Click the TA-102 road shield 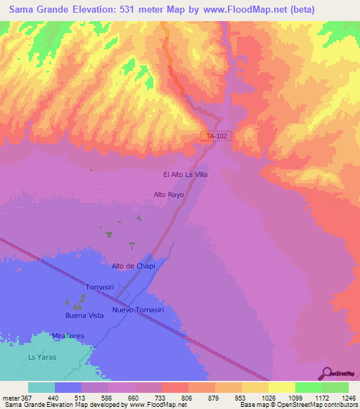click(x=217, y=136)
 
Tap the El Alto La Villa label click(x=185, y=174)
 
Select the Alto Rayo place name click(x=168, y=195)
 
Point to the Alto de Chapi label click(x=133, y=266)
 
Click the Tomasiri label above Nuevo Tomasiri click(x=100, y=287)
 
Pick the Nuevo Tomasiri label click(x=138, y=310)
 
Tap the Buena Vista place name click(x=84, y=316)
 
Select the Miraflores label click(x=68, y=336)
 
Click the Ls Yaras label click(x=41, y=358)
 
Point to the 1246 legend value click(x=348, y=398)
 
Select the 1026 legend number click(x=269, y=398)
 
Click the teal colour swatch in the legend click(x=41, y=387)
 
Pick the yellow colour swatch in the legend click(x=281, y=387)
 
